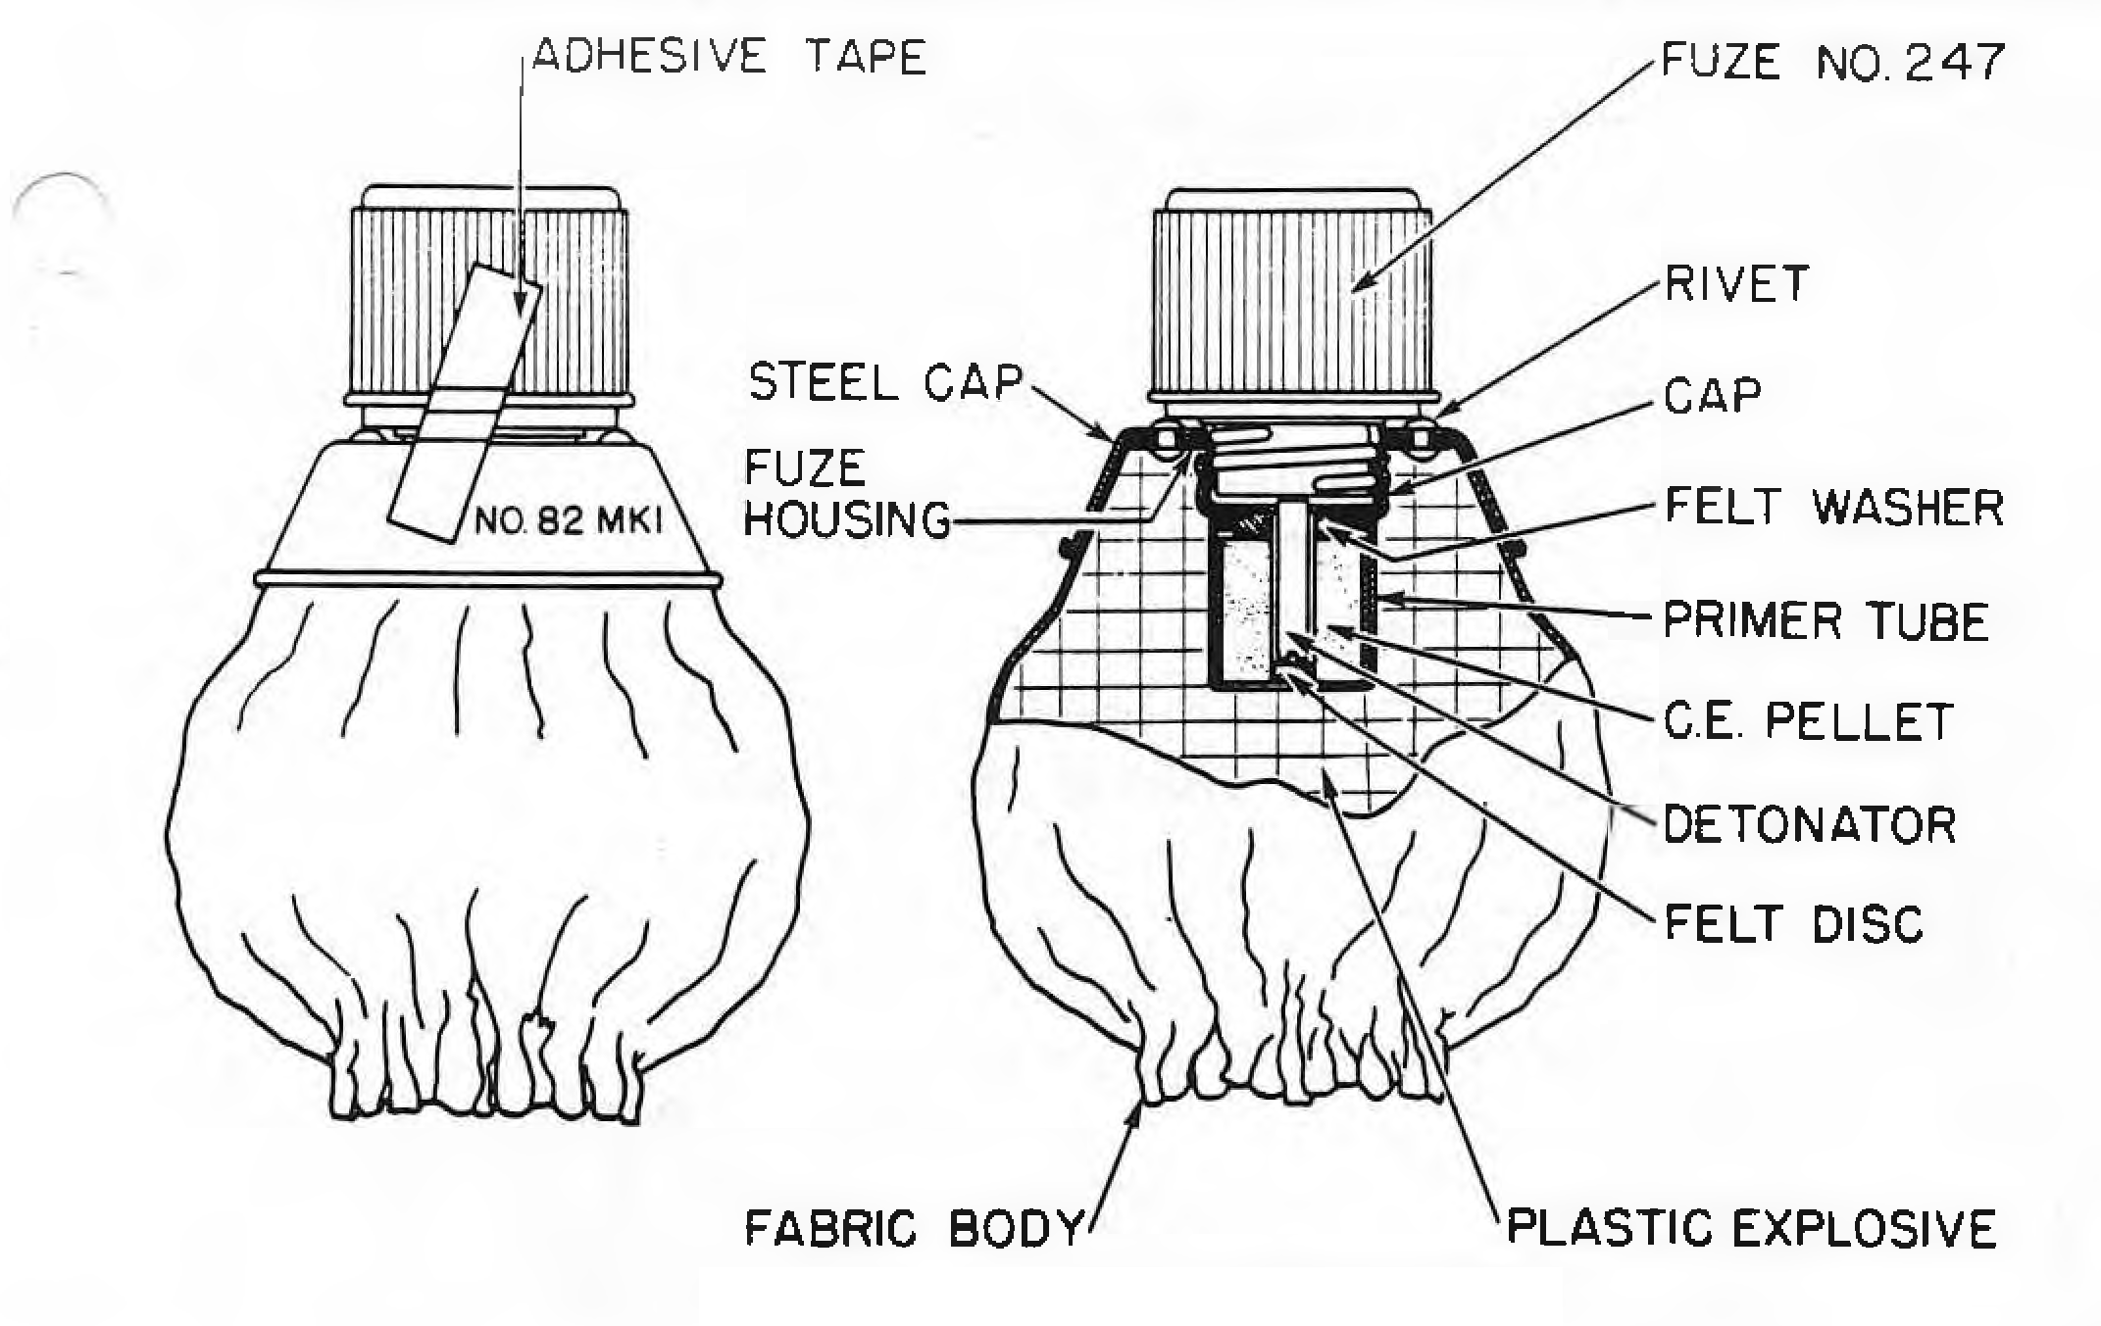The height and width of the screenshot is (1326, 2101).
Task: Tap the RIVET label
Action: coord(1736,284)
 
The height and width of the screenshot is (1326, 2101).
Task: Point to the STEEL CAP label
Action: coord(885,381)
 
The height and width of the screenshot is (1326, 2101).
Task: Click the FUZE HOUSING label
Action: coord(847,494)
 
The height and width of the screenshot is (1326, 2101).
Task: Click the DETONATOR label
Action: coord(1810,824)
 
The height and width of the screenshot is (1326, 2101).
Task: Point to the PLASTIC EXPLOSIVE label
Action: coord(1751,1229)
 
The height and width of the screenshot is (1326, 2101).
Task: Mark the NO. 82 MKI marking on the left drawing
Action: coord(569,519)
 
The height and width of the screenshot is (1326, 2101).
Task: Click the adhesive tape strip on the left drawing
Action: coord(465,403)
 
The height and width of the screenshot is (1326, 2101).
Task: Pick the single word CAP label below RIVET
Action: coord(1712,396)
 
